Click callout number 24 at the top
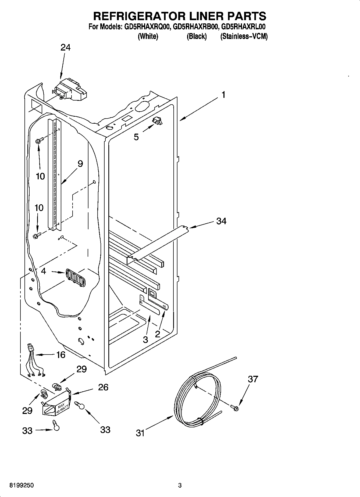pos(65,48)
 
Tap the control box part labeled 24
pos(70,89)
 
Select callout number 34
pos(221,221)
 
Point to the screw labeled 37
pos(234,407)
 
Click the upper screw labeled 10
pos(38,141)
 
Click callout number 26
pos(103,387)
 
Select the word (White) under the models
pos(148,37)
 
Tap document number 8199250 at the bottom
pos(21,485)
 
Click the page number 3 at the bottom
pos(180,485)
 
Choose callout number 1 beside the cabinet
pos(223,95)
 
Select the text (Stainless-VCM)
pos(244,37)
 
